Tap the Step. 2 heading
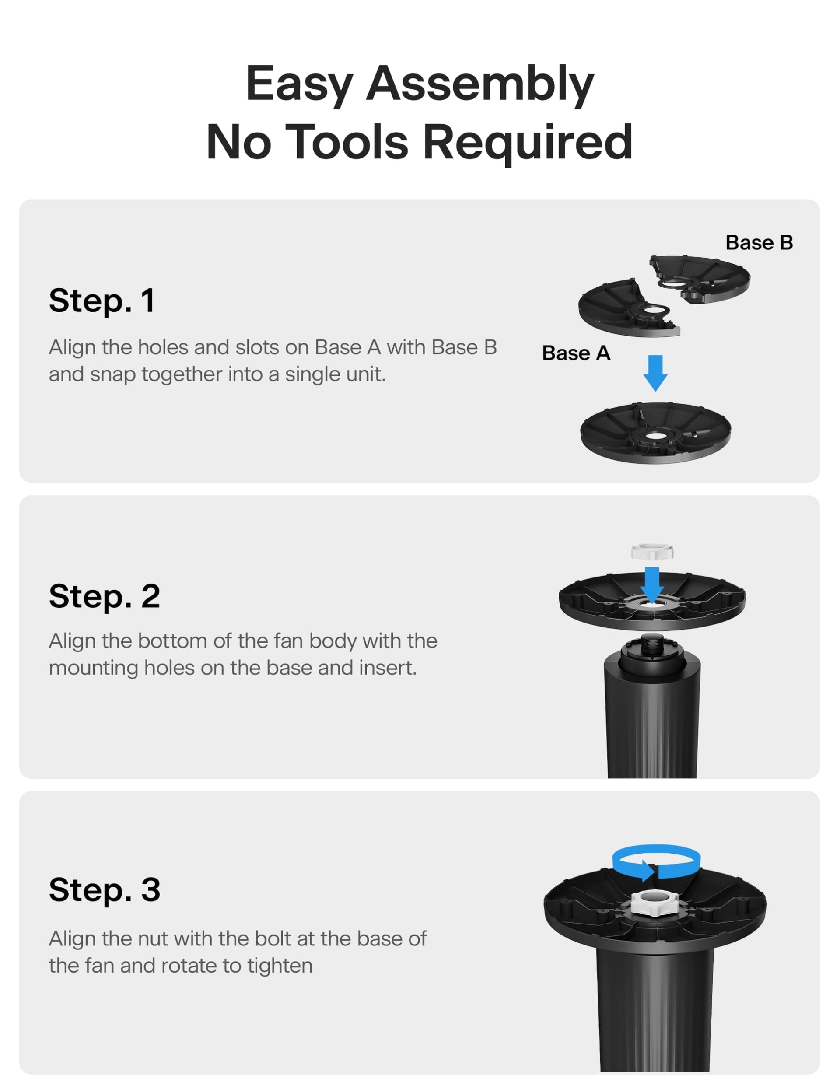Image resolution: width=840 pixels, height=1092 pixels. (105, 596)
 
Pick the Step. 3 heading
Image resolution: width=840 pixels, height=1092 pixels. (105, 889)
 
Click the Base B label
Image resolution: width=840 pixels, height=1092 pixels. (759, 243)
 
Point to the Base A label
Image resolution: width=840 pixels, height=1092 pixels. (576, 353)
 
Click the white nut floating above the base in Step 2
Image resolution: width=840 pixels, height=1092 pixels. (652, 552)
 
